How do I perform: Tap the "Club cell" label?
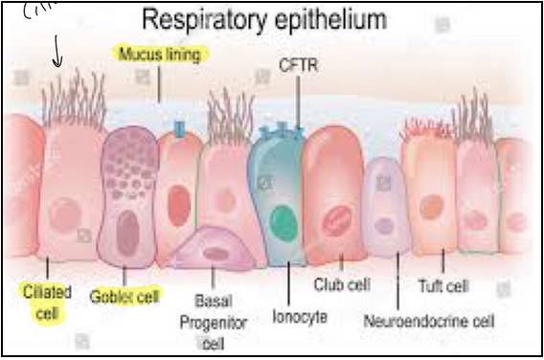(342, 284)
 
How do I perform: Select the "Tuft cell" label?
(443, 285)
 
